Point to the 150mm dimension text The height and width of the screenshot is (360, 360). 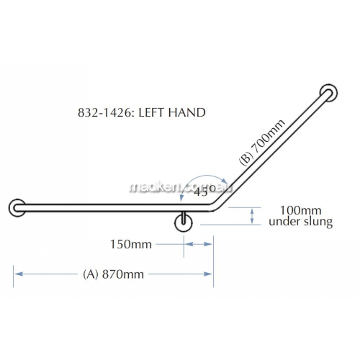click(x=131, y=245)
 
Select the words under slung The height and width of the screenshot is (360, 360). click(x=300, y=222)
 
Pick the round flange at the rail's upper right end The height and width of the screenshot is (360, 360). click(x=328, y=94)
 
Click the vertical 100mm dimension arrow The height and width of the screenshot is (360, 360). click(x=251, y=215)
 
